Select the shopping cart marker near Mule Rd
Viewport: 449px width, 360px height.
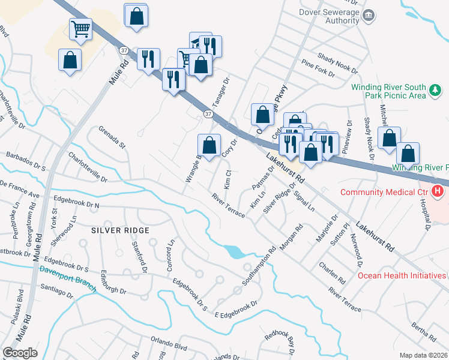coord(80,28)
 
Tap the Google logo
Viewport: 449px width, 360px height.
coord(20,353)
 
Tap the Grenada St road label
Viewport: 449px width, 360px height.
coord(112,137)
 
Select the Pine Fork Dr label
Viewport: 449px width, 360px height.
coord(318,68)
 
